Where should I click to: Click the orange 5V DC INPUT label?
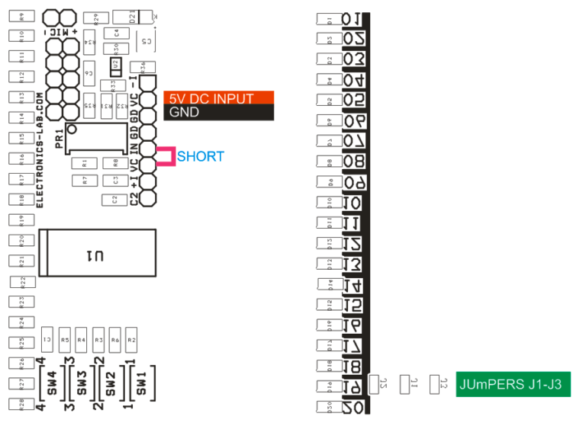pos(218,98)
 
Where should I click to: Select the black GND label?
pos(218,112)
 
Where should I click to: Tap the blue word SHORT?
pos(201,157)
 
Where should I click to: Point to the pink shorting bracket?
pos(165,156)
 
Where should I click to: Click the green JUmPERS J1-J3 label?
pos(512,385)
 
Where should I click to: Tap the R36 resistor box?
pos(143,67)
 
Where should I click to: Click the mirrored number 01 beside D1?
pos(353,20)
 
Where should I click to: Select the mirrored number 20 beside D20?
pos(353,407)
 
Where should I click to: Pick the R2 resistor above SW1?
pos(131,339)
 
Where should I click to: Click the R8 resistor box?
pos(114,162)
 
